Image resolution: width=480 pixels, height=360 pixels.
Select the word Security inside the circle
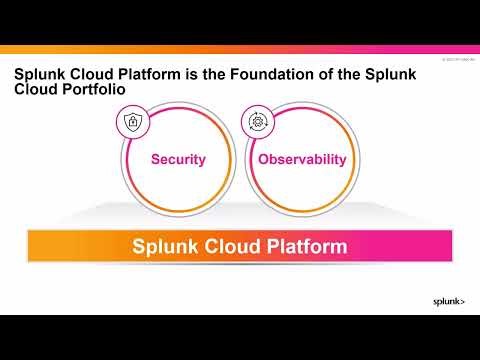pos(178,159)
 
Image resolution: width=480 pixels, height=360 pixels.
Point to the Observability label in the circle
pos(302,159)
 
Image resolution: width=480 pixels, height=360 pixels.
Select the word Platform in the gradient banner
pos(301,245)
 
